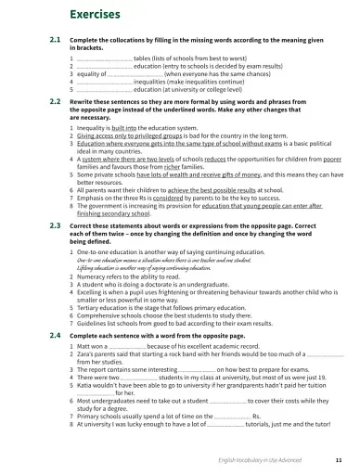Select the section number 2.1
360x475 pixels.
coord(55,42)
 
